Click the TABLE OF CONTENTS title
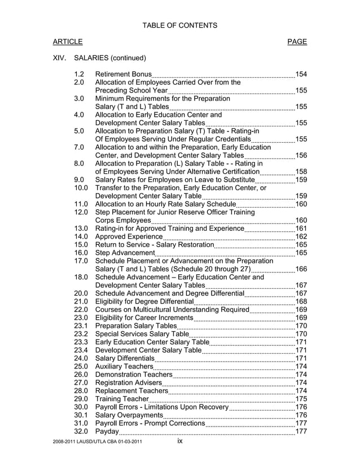click(x=179, y=25)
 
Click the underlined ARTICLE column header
click(x=68, y=42)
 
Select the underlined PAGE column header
click(x=297, y=42)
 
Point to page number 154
click(x=301, y=74)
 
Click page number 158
click(x=301, y=172)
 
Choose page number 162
click(x=301, y=236)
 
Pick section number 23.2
click(x=81, y=334)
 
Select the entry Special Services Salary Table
click(x=142, y=334)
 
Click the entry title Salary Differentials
click(x=124, y=358)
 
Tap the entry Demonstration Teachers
click(x=134, y=375)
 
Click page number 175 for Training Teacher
click(x=301, y=399)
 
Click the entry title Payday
click(x=107, y=432)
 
